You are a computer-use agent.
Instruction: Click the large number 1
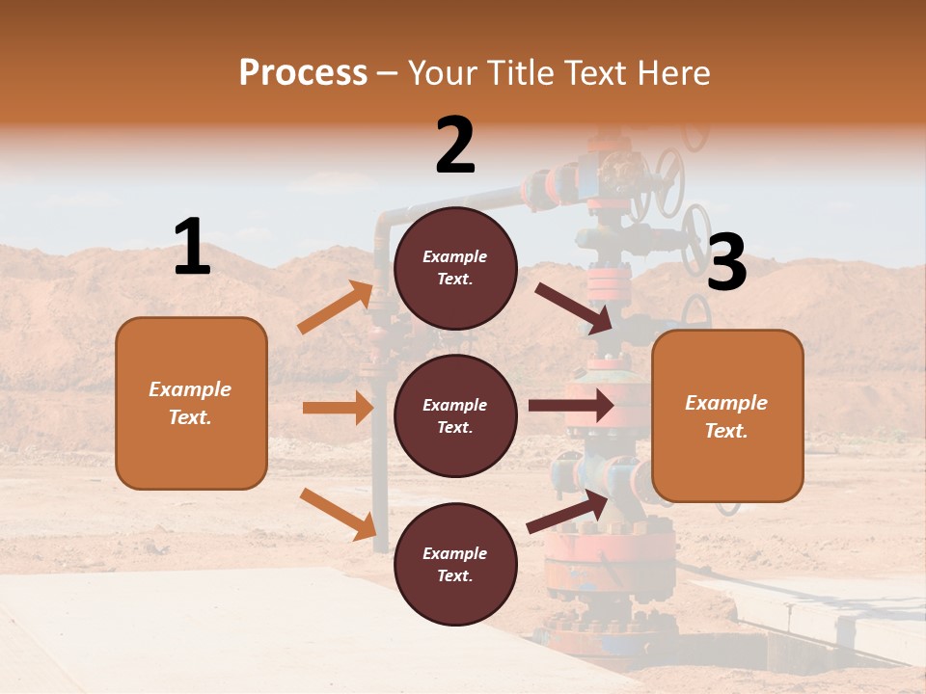(192, 247)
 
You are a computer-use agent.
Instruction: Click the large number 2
(455, 145)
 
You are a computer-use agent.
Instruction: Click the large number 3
(726, 262)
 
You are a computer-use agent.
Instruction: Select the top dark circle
(455, 268)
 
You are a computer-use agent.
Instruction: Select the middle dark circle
(455, 415)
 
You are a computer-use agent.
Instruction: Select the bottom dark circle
(455, 564)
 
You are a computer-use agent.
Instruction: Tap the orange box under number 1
(191, 403)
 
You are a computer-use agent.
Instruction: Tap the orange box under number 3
(727, 415)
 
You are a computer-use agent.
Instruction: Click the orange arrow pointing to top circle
(336, 307)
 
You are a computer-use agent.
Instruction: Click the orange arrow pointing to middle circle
(338, 408)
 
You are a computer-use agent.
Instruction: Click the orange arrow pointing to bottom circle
(338, 513)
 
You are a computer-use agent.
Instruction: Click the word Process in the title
(303, 72)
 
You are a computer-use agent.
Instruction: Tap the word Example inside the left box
(190, 389)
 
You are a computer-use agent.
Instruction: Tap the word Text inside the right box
(725, 431)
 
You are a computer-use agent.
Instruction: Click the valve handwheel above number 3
(696, 236)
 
